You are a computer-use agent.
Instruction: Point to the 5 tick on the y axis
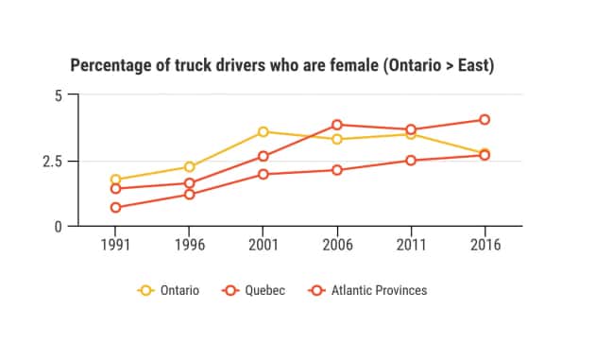pos(59,95)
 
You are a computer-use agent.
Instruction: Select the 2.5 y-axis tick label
pos(53,161)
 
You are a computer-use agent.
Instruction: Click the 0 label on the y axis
pos(59,227)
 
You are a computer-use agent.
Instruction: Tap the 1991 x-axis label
pos(115,244)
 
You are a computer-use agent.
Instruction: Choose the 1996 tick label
pos(189,244)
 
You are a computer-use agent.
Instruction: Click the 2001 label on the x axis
pos(263,244)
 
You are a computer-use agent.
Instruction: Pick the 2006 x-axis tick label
pos(336,244)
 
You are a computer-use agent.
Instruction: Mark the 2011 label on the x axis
pos(410,244)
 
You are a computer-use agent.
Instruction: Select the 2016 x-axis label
pos(484,244)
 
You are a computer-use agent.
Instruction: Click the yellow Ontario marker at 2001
pos(263,132)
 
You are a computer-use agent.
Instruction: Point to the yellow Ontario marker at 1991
pos(115,180)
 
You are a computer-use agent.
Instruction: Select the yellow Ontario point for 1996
pos(189,167)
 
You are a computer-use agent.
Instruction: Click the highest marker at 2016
pos(484,120)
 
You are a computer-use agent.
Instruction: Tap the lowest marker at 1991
pos(115,208)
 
